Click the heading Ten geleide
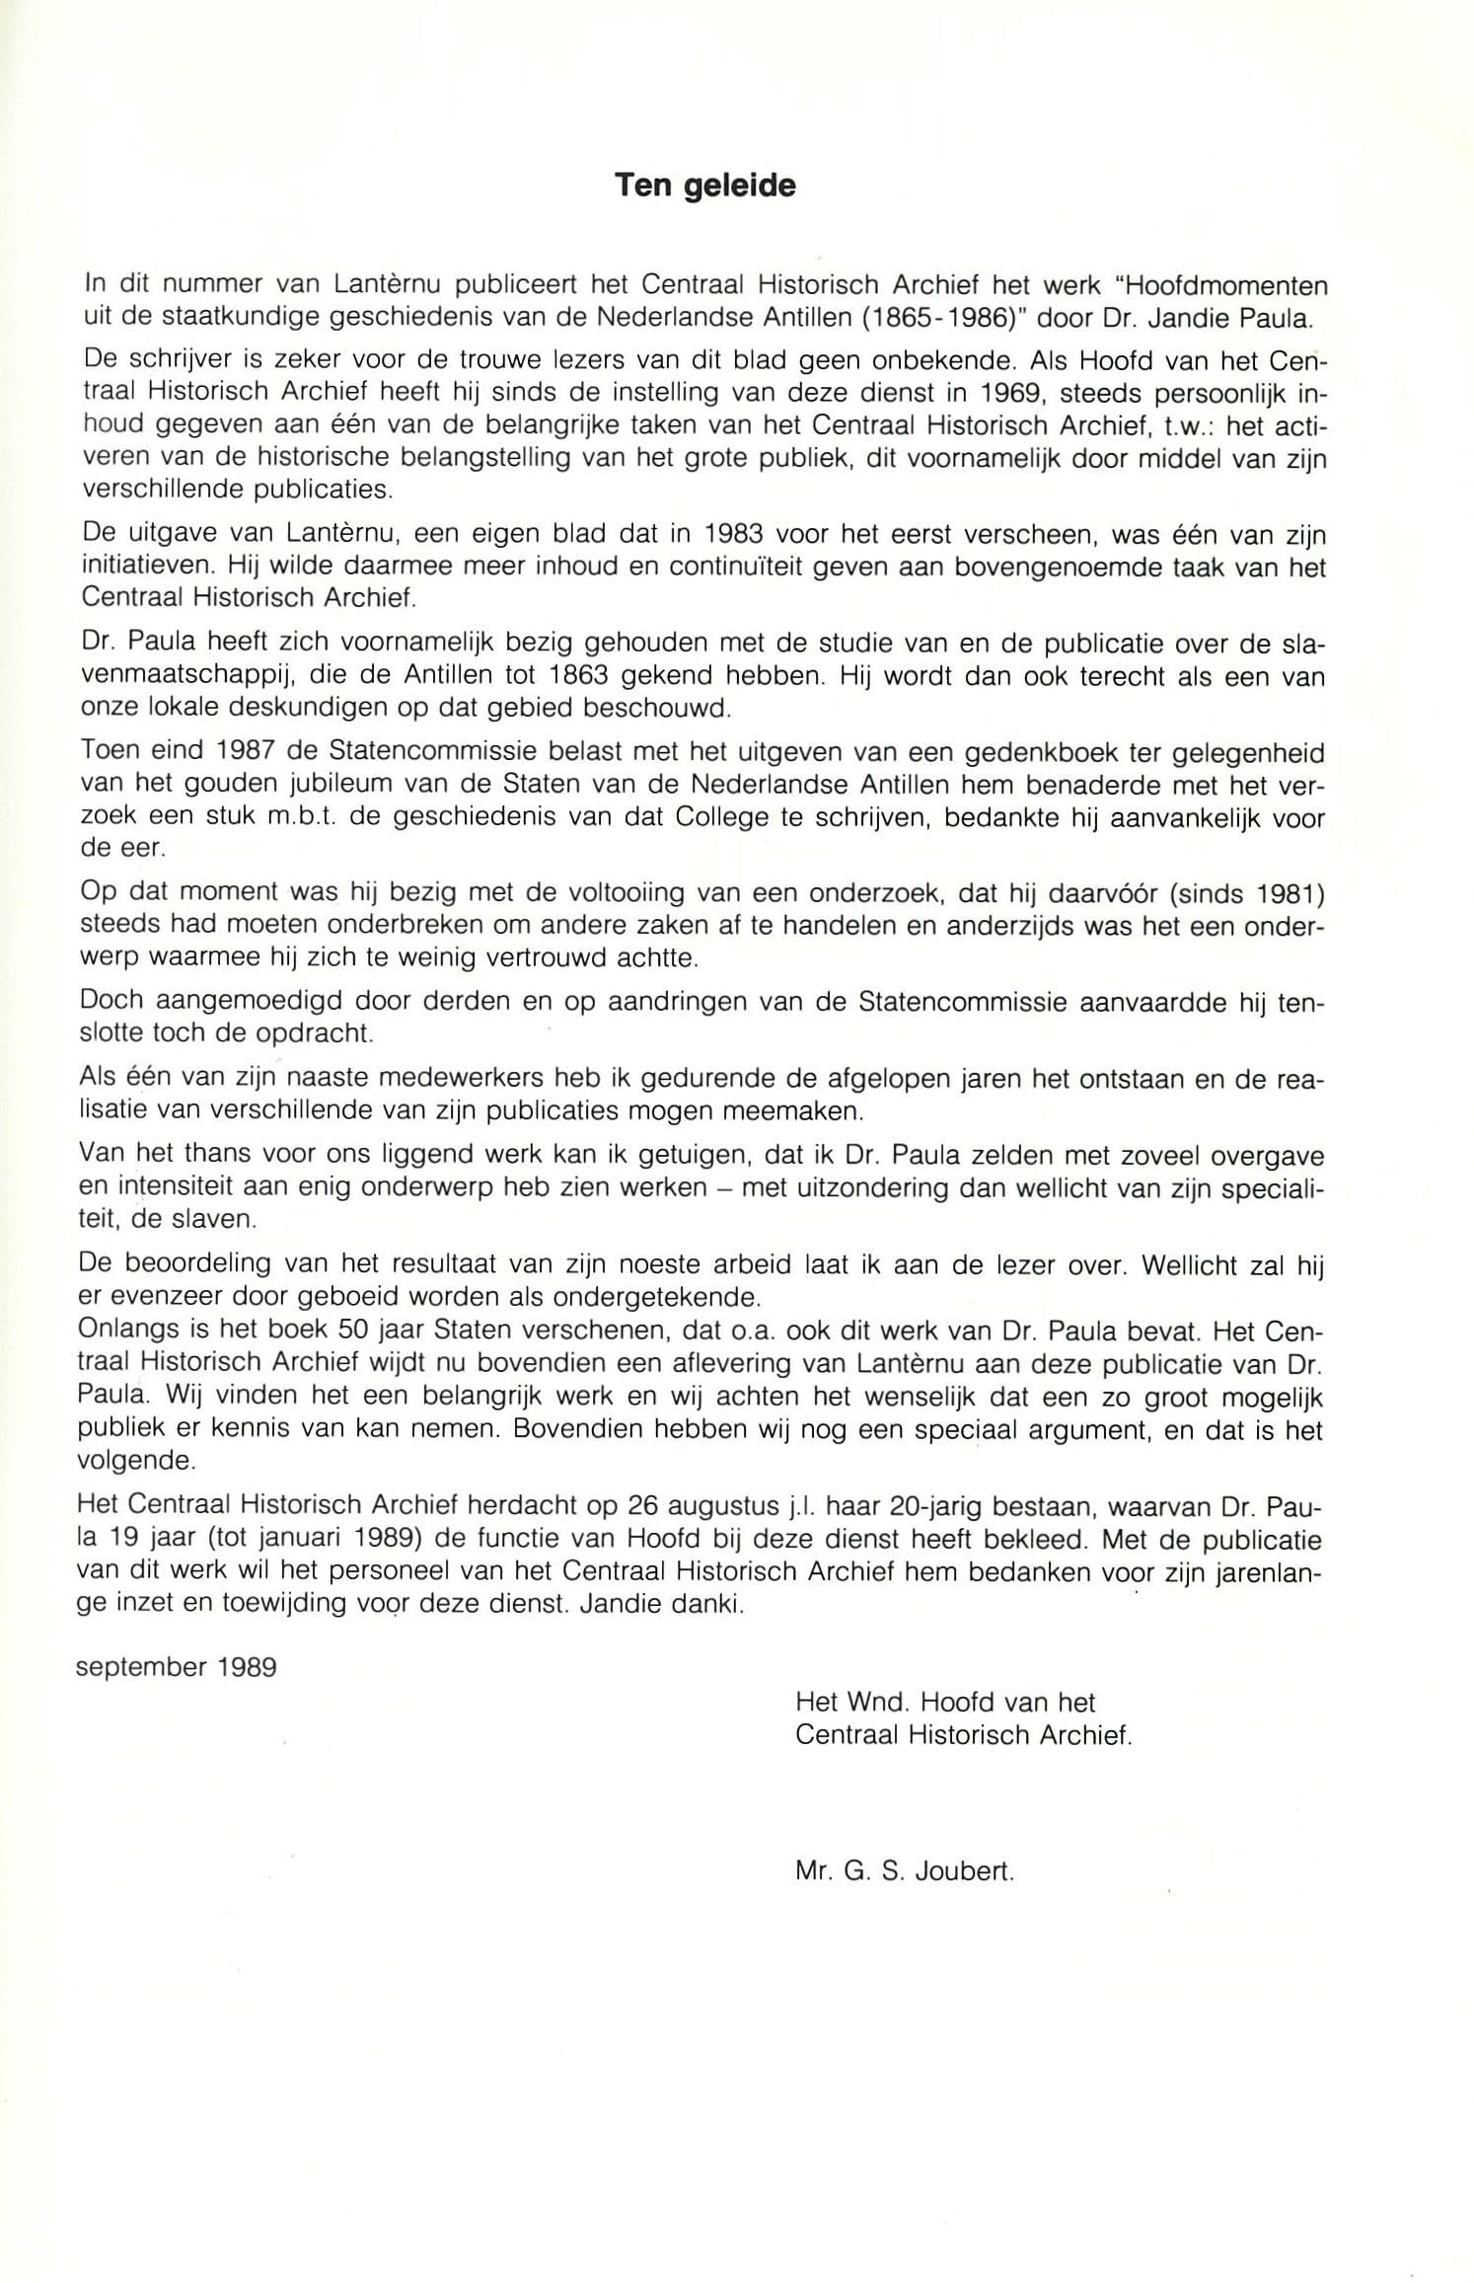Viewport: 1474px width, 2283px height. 704,186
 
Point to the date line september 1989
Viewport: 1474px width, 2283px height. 177,1667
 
